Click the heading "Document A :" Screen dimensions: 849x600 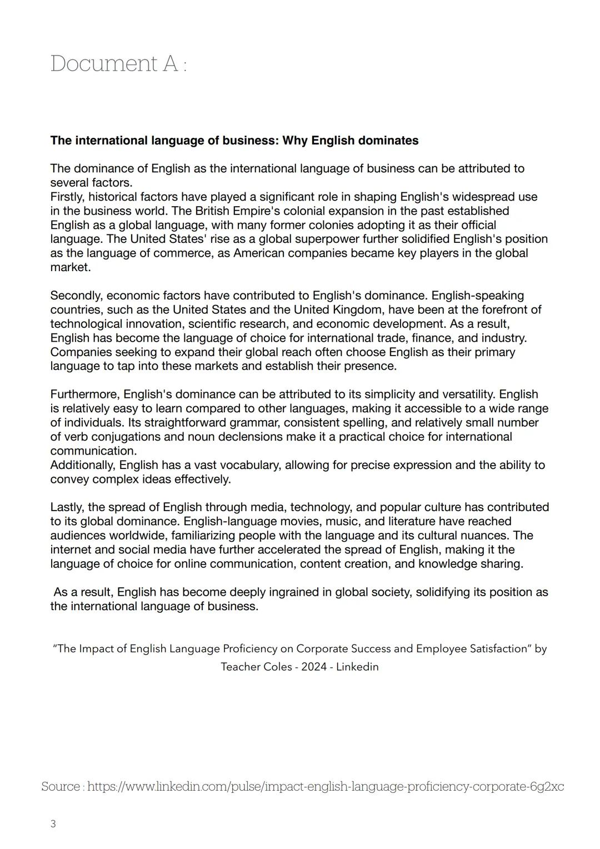tap(118, 64)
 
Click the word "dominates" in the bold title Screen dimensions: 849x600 tap(388, 141)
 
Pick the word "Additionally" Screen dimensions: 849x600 tap(83, 465)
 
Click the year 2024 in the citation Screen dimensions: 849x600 tap(314, 667)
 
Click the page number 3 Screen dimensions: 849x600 tap(53, 824)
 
